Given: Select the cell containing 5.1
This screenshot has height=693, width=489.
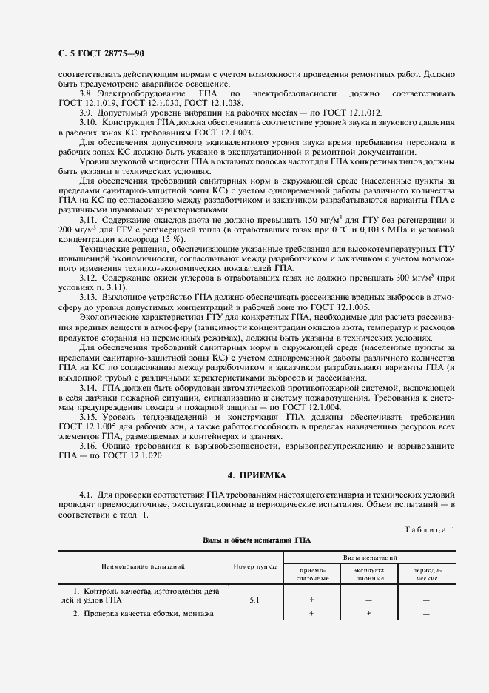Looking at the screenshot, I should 254,600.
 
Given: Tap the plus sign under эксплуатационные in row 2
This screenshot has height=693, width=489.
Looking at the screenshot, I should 368,614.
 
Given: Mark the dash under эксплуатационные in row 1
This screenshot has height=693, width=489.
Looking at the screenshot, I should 368,600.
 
